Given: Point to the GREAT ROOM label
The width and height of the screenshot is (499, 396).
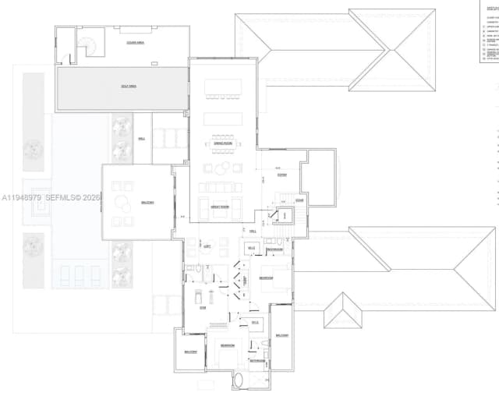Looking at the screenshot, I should pyautogui.click(x=219, y=207).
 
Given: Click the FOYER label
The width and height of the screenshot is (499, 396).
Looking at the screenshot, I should pyautogui.click(x=281, y=175).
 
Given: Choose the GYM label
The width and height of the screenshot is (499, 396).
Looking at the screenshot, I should pyautogui.click(x=202, y=308).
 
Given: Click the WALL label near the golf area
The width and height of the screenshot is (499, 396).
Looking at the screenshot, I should pyautogui.click(x=142, y=139).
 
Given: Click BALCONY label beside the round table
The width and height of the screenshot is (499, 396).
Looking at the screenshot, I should pyautogui.click(x=147, y=203).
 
